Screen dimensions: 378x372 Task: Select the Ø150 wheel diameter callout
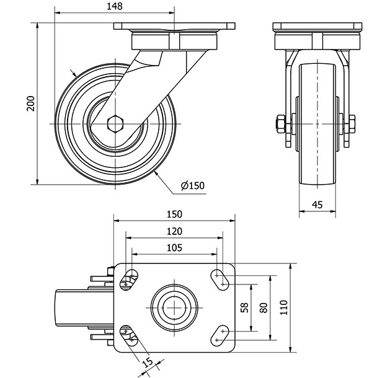192,185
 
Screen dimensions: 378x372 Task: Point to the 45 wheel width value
317,204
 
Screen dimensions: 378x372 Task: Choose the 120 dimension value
174,231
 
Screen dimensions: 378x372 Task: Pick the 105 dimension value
174,247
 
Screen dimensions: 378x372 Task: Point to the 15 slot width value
147,363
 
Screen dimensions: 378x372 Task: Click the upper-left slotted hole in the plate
129,279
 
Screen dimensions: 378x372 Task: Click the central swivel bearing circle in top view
174,307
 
